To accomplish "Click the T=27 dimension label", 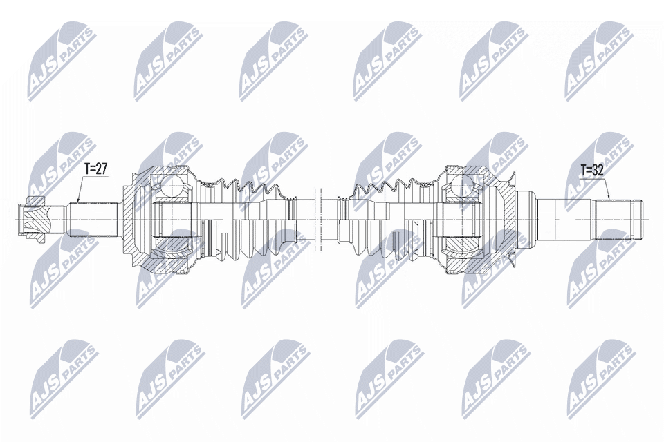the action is [x=96, y=169].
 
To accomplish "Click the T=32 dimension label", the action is [x=591, y=171].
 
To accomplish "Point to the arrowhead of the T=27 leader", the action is [x=78, y=200].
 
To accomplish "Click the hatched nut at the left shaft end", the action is [x=33, y=220].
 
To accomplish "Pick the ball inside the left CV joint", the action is [x=171, y=185].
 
